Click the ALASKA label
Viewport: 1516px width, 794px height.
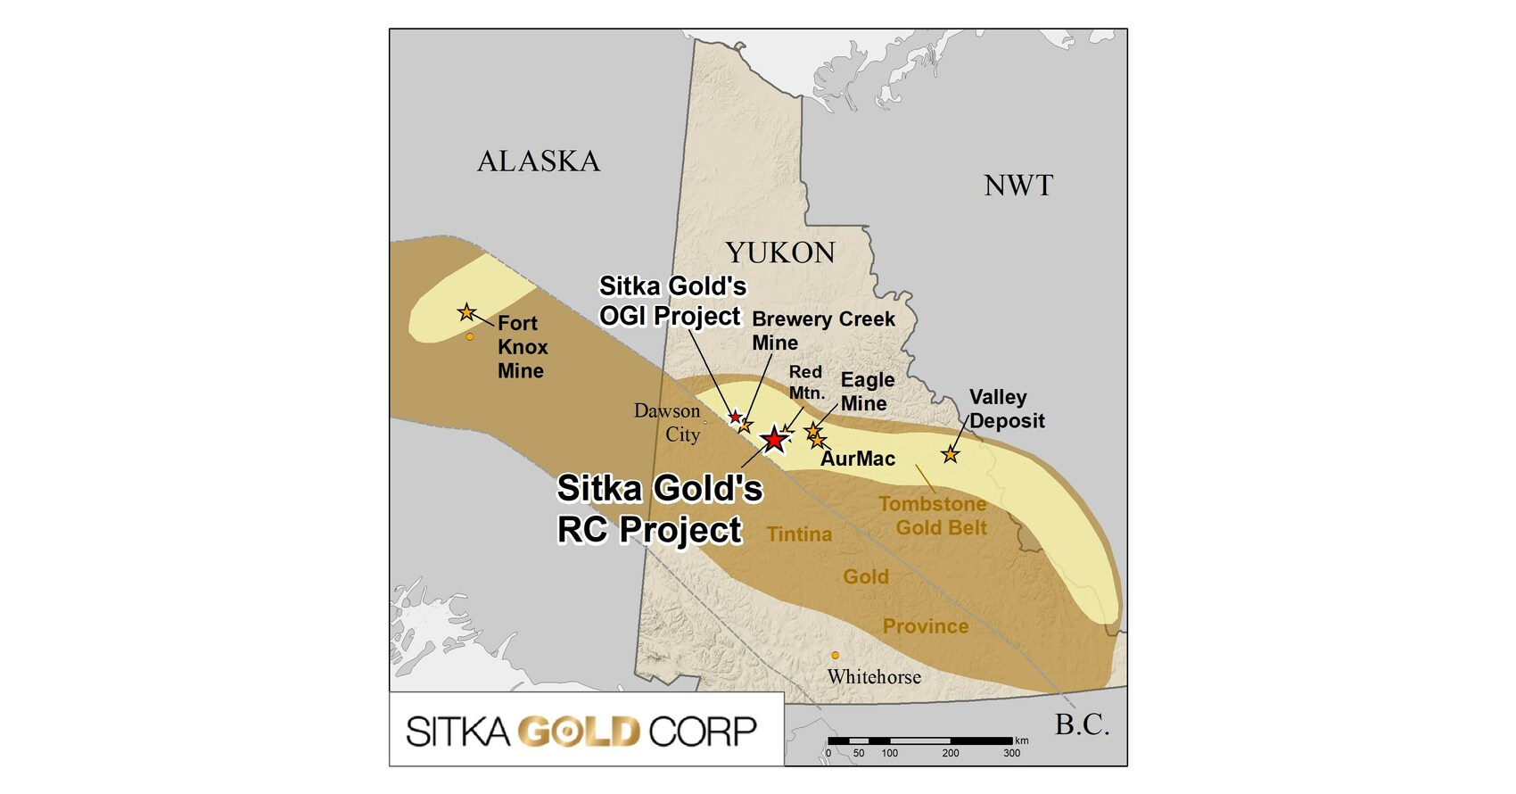click(539, 161)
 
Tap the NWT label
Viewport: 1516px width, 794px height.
click(1018, 186)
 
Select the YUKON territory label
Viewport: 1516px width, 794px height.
click(779, 253)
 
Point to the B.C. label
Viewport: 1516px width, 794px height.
click(1082, 724)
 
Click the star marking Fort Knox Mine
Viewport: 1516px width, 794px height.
click(466, 312)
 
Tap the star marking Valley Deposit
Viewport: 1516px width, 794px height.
click(951, 455)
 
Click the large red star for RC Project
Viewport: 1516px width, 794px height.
click(774, 439)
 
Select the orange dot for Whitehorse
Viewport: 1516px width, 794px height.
click(835, 656)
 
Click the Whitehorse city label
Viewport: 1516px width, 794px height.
click(874, 677)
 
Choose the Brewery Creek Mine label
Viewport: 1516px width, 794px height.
click(822, 331)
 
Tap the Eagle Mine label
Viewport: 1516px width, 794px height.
click(866, 392)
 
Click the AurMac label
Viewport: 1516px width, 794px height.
click(858, 459)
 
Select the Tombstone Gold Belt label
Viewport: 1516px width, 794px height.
click(933, 516)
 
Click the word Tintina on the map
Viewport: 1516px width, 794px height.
click(799, 534)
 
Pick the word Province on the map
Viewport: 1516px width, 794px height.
click(926, 626)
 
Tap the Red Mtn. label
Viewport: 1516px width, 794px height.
click(806, 382)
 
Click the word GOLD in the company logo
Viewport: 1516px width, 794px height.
click(580, 732)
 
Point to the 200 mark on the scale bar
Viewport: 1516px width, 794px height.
click(951, 753)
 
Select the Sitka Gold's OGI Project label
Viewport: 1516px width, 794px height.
click(671, 301)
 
